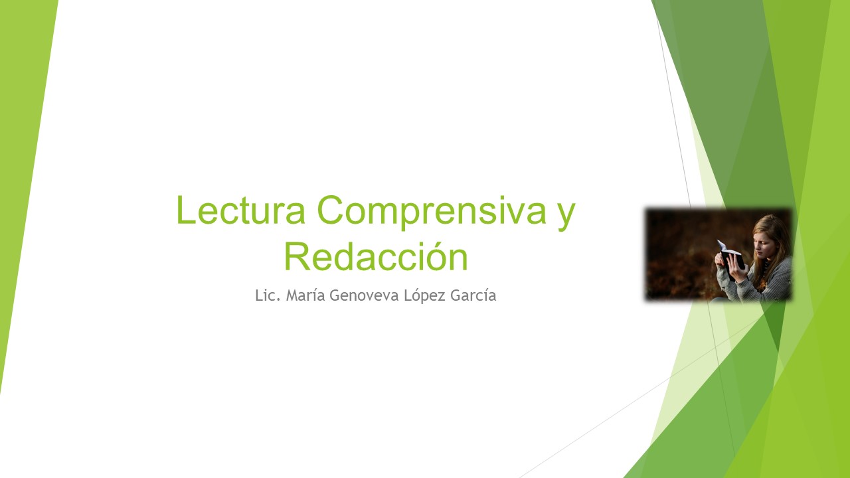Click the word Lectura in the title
point(241,210)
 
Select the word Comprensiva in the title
point(432,212)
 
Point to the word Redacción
point(376,256)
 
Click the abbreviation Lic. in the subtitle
point(268,295)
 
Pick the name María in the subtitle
point(305,295)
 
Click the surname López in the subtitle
point(424,296)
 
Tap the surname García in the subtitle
point(473,295)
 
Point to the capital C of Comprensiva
point(331,210)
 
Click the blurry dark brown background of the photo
point(679,254)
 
